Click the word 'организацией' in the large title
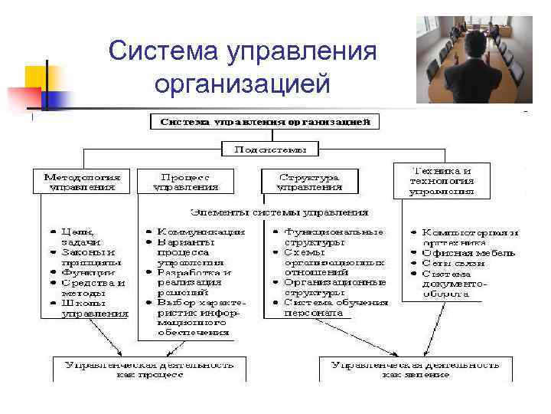click(x=243, y=82)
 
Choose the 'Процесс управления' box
click(x=186, y=181)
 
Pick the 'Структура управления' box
click(x=309, y=181)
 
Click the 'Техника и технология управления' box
click(x=442, y=180)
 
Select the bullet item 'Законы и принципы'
click(x=88, y=256)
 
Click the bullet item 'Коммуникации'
click(x=201, y=231)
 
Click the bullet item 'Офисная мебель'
click(x=468, y=252)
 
